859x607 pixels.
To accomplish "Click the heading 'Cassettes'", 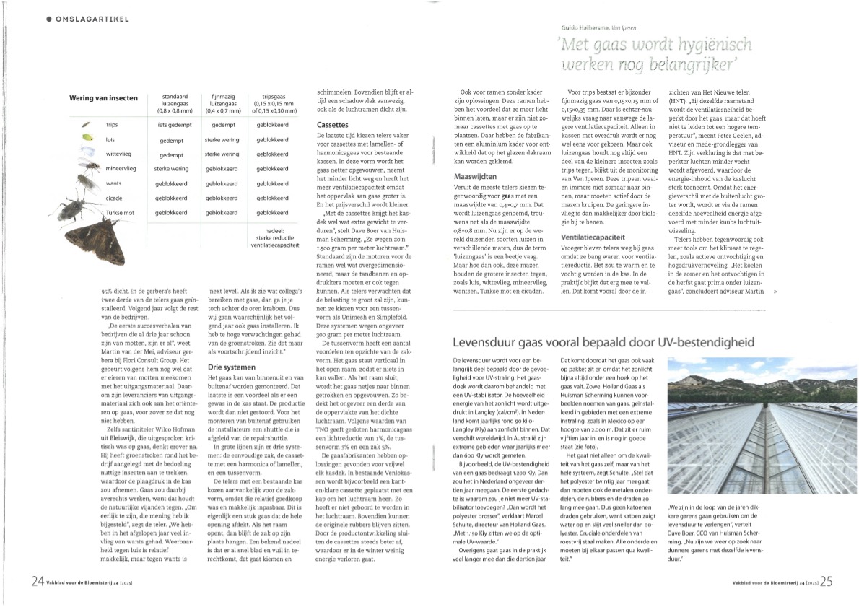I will (333, 125).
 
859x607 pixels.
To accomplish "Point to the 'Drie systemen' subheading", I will (225, 367).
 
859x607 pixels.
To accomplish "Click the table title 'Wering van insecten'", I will (103, 98).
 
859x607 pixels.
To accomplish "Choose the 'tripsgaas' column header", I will (272, 97).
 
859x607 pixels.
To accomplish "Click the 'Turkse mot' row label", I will (121, 213).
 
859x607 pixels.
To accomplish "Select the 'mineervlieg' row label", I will (121, 168).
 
